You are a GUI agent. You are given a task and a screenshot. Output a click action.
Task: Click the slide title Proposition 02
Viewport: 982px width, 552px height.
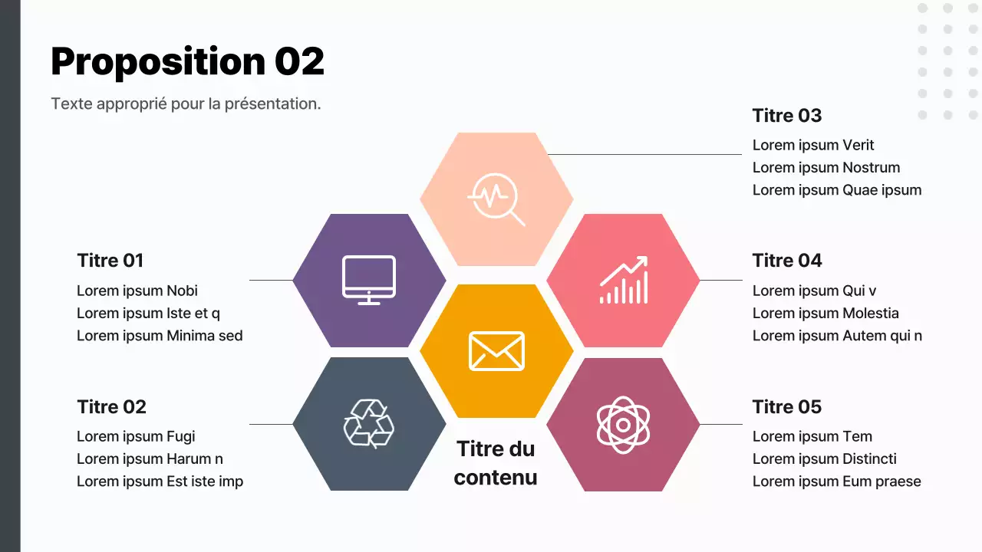(187, 61)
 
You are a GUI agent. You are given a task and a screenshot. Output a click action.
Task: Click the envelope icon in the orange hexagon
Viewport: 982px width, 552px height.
(496, 351)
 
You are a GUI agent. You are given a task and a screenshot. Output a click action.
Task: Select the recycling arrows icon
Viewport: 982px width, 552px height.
(369, 423)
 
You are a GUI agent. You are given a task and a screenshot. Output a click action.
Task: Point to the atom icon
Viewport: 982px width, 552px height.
(623, 424)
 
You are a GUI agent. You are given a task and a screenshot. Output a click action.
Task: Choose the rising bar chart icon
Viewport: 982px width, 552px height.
(624, 280)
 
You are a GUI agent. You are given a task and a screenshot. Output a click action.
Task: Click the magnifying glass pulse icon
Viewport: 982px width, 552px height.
(496, 199)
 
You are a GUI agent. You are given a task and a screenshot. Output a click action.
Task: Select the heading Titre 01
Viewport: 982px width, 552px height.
(110, 261)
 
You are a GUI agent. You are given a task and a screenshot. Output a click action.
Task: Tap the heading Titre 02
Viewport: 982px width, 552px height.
(112, 406)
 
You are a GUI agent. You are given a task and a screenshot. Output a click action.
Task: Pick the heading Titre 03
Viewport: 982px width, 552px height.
(787, 116)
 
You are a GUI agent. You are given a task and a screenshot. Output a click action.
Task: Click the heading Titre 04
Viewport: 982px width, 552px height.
(787, 261)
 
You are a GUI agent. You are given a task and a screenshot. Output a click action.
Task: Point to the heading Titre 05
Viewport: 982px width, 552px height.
(787, 406)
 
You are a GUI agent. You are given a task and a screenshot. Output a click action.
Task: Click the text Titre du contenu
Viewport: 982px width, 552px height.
(496, 463)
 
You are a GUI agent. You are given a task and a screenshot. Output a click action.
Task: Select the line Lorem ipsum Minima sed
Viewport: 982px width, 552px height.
(160, 335)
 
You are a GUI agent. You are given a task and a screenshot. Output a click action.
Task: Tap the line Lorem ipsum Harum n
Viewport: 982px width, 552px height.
(150, 458)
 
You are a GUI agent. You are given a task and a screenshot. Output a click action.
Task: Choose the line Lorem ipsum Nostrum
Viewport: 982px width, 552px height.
(826, 167)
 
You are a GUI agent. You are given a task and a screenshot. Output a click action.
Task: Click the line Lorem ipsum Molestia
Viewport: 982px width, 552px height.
(825, 313)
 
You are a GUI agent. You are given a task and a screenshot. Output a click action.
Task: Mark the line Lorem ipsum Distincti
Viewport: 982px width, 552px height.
(825, 458)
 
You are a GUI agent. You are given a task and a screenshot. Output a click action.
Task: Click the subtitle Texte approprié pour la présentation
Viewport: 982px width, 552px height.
(186, 103)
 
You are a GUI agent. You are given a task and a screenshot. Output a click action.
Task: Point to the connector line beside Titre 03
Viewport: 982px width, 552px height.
(644, 154)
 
